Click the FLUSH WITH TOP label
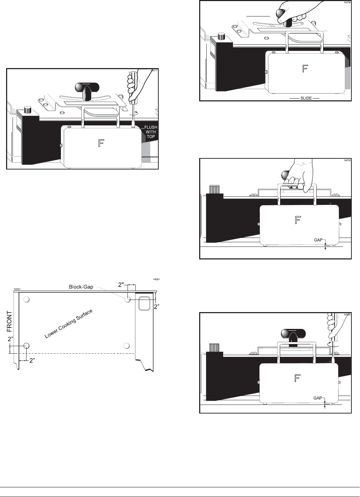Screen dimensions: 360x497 tap(151, 132)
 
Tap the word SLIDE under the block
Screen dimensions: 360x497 tap(306, 98)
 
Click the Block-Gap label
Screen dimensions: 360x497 tap(81, 287)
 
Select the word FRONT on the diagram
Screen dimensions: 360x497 tap(10, 321)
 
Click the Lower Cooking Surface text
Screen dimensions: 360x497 tap(68, 324)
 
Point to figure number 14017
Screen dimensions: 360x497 tap(154, 71)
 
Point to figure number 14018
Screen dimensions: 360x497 tap(347, 3)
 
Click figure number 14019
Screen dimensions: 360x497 tap(347, 161)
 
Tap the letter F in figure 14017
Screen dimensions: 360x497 tap(101, 144)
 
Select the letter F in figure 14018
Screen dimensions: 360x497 tap(305, 69)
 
